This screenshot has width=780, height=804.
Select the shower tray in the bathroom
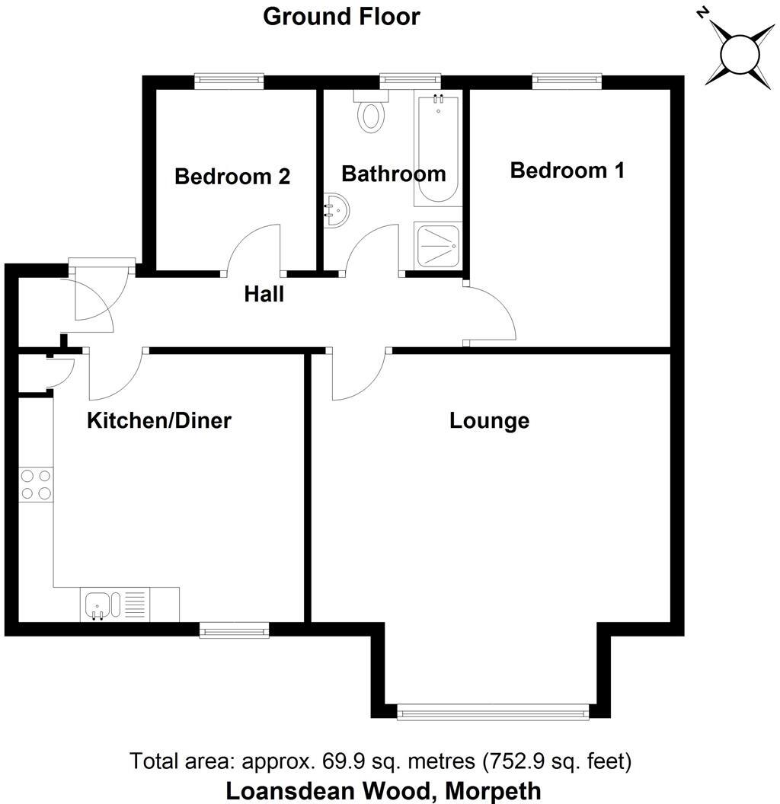pyautogui.click(x=439, y=244)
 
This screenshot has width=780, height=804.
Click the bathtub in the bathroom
pyautogui.click(x=437, y=150)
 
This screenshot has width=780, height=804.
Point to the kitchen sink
pyautogui.click(x=100, y=605)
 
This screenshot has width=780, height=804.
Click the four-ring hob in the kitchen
pyautogui.click(x=37, y=484)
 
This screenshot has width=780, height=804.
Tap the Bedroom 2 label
pyautogui.click(x=232, y=177)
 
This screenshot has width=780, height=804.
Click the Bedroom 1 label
pyautogui.click(x=567, y=170)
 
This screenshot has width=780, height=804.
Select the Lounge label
pyautogui.click(x=489, y=420)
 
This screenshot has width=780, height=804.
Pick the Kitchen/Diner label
pyautogui.click(x=159, y=420)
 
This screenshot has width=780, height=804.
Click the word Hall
pyautogui.click(x=264, y=294)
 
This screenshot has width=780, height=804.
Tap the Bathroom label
pyautogui.click(x=393, y=174)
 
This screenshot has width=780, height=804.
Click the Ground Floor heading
pyautogui.click(x=341, y=17)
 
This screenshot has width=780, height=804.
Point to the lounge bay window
pyautogui.click(x=493, y=712)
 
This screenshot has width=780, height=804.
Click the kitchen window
pyautogui.click(x=234, y=630)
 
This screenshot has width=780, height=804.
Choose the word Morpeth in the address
pyautogui.click(x=493, y=790)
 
